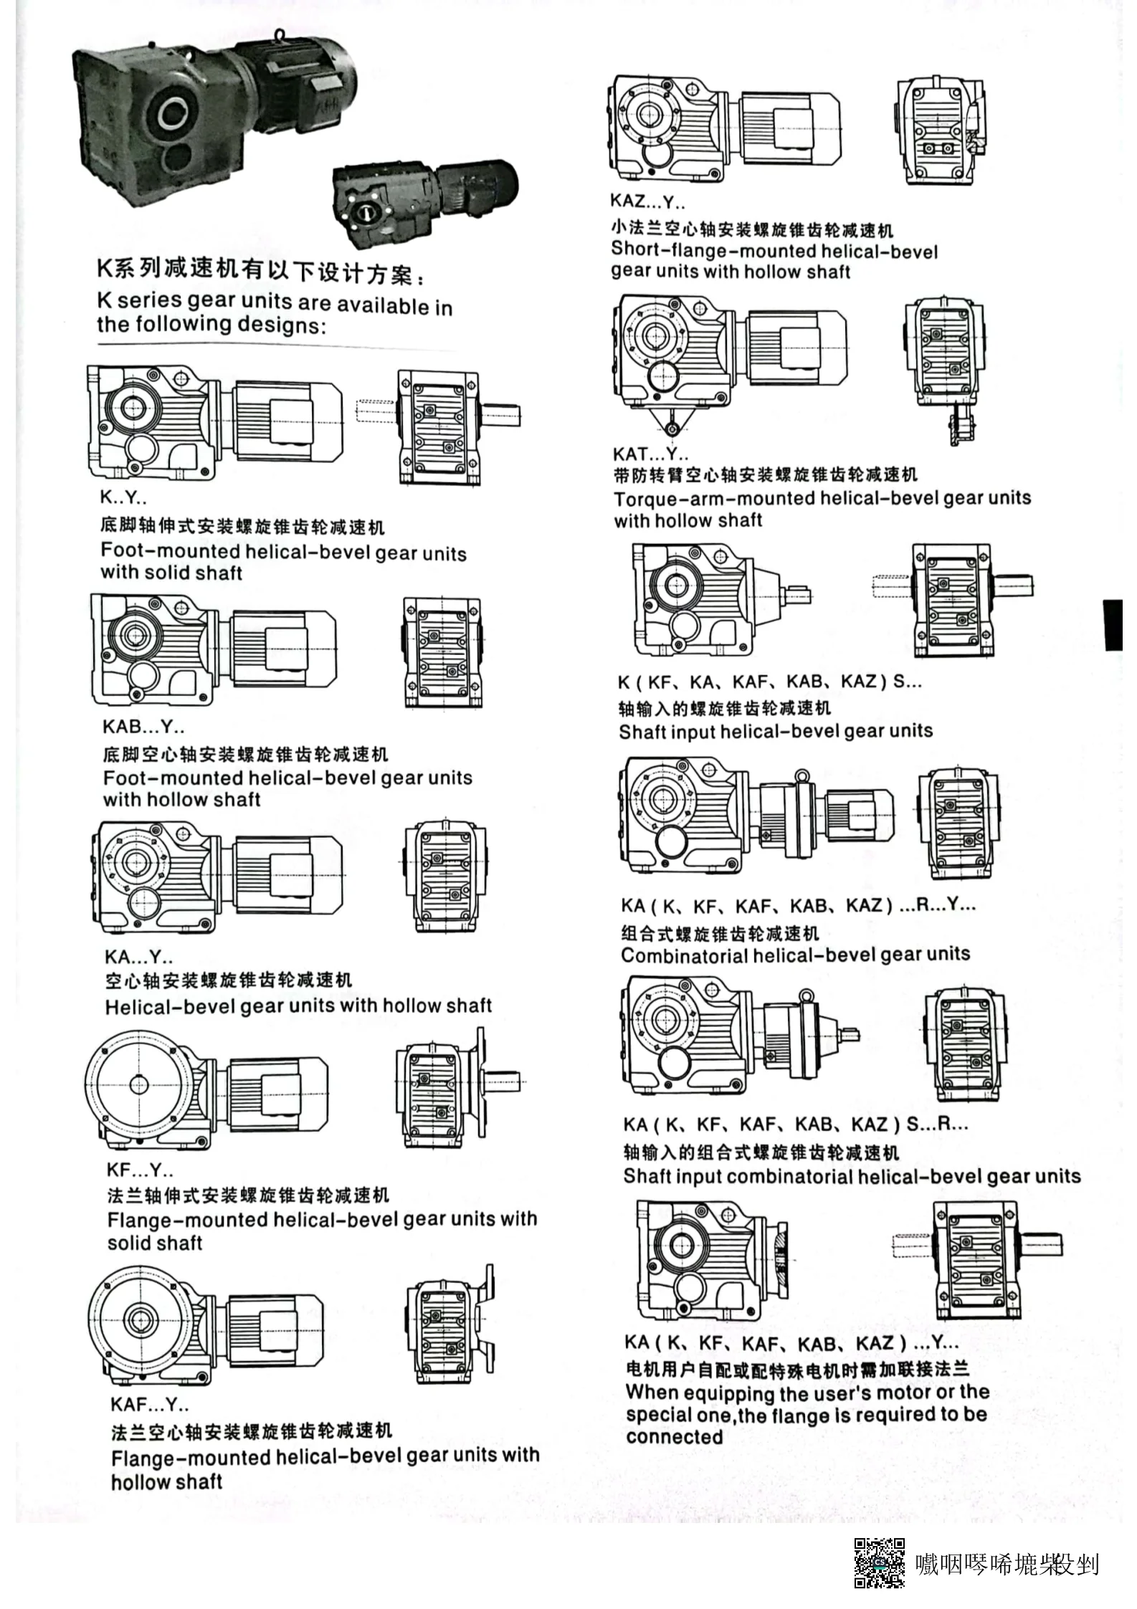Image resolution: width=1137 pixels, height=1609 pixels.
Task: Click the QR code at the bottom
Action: [x=878, y=1562]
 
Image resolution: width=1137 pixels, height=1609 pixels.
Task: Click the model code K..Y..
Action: [x=123, y=497]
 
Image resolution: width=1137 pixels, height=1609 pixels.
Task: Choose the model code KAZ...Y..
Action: [x=647, y=201]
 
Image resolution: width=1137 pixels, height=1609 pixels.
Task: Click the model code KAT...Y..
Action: [x=650, y=454]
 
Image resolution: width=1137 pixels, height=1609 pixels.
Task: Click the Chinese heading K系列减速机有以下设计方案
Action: [x=262, y=271]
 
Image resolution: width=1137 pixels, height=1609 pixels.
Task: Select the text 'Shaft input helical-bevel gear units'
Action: [x=776, y=732]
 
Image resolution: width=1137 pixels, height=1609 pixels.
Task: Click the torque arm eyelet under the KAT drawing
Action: [x=672, y=429]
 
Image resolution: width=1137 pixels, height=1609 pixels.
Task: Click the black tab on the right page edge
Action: [x=1113, y=624]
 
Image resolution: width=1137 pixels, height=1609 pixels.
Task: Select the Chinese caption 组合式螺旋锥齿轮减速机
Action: [x=719, y=932]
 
